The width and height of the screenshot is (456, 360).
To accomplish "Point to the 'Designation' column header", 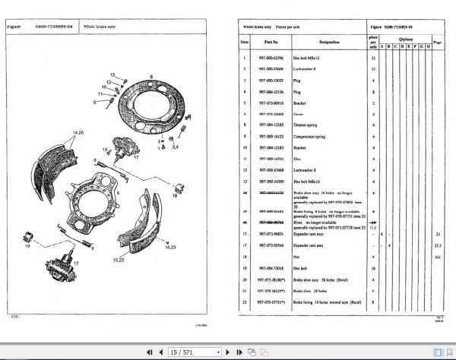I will (x=329, y=43).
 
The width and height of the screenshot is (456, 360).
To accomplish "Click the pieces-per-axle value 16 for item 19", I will (x=373, y=269).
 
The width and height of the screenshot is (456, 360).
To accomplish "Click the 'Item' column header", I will (x=244, y=43).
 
